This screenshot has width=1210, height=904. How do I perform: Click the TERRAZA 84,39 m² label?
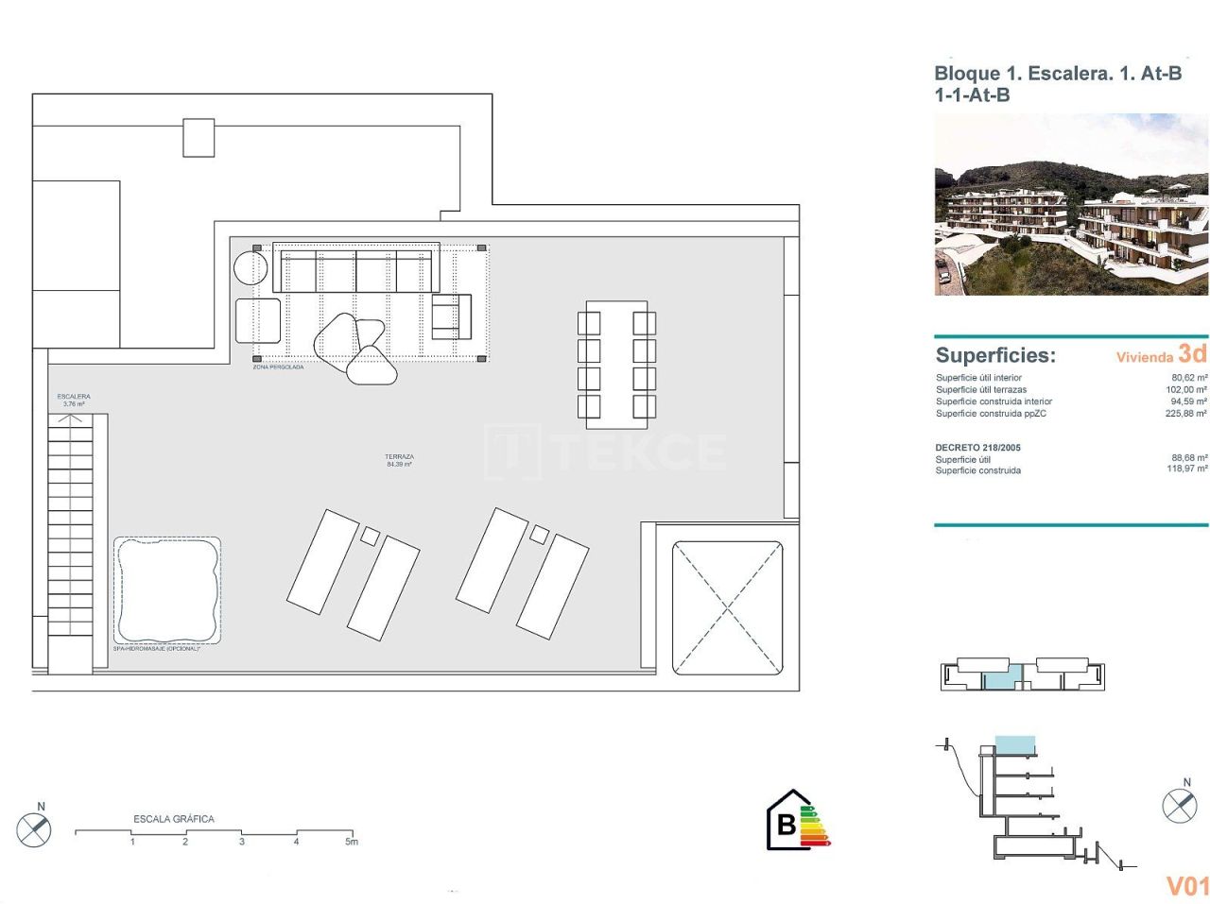point(399,460)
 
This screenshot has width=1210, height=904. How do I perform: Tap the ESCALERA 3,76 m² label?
point(74,401)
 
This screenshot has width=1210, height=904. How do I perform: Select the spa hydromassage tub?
point(167,590)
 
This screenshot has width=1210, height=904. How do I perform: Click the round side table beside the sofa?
point(251,266)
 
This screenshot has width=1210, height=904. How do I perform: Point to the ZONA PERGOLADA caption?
point(278,367)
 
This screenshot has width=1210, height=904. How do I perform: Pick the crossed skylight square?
point(727,607)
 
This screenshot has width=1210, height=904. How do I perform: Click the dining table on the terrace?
point(616,360)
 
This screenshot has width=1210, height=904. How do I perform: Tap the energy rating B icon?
point(797,821)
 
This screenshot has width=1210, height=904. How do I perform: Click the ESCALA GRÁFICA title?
point(174,819)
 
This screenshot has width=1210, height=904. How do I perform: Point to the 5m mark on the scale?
point(352,841)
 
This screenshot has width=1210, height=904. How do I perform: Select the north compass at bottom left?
point(34,828)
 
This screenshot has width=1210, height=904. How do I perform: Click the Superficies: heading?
point(995,356)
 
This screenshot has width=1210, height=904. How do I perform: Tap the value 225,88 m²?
point(1186,414)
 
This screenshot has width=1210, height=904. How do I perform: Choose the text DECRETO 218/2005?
point(977,448)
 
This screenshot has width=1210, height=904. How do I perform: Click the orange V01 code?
point(1187,886)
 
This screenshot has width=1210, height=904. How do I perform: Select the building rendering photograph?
point(1071,205)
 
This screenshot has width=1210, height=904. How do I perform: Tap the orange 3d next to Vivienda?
point(1192,354)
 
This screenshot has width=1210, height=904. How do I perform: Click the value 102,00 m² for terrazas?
point(1186,390)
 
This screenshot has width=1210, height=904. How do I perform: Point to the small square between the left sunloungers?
point(370,537)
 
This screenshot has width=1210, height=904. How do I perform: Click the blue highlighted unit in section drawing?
point(1015,745)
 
